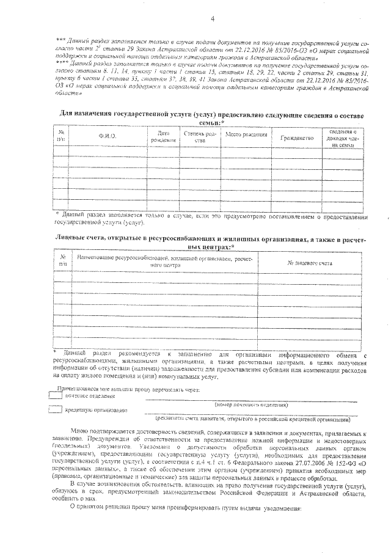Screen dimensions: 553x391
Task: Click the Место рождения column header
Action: click(246, 134)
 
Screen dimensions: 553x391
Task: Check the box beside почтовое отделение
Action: click(56, 396)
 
